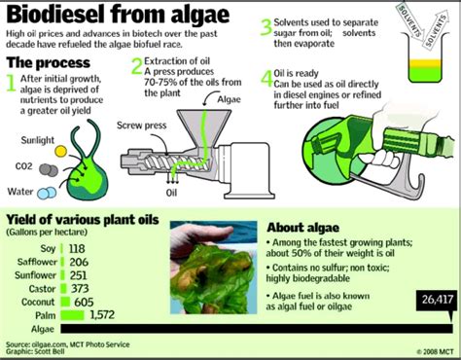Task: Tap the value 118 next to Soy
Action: coord(74,248)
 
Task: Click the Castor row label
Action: coord(53,288)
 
